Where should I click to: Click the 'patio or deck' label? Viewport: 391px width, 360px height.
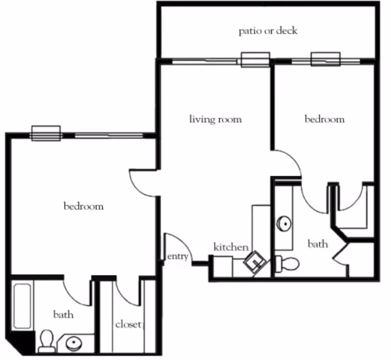point(268,31)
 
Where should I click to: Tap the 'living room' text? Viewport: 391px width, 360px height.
point(215,119)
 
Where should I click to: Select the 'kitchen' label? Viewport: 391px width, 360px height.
point(231,247)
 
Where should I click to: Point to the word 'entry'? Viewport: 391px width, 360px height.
point(178,256)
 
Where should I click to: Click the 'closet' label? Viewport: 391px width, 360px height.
point(129,324)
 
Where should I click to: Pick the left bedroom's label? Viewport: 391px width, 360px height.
point(84,206)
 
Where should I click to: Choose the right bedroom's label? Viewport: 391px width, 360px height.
point(325,119)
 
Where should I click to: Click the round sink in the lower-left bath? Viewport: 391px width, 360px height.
point(75,343)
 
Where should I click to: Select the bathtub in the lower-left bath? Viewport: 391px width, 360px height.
point(22,306)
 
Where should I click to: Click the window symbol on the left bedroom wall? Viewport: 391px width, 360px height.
point(45,133)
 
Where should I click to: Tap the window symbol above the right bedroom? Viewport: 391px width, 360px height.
point(326,60)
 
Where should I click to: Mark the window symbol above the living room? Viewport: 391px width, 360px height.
point(255,60)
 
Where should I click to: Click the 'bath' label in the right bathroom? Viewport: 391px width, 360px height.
point(318,243)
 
